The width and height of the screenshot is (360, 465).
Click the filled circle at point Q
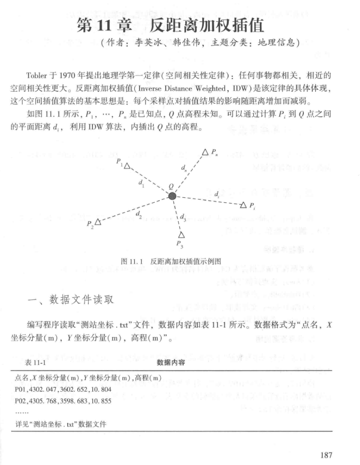tap(173, 196)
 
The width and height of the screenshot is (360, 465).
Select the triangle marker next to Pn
tap(205, 151)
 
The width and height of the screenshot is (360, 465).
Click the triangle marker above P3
tap(181, 235)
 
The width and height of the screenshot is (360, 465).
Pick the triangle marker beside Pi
tap(244, 204)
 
